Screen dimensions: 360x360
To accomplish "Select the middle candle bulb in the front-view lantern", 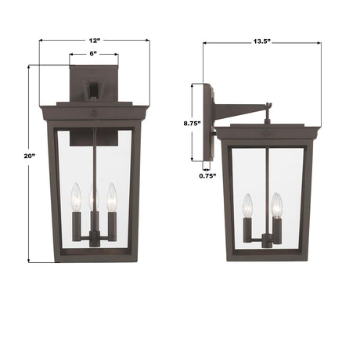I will coord(93,193).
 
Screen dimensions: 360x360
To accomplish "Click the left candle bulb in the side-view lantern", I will coord(248,205).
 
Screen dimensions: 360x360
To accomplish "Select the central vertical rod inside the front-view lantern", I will coord(94,157).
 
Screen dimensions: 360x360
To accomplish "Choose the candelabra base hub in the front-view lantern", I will coord(94,241).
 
